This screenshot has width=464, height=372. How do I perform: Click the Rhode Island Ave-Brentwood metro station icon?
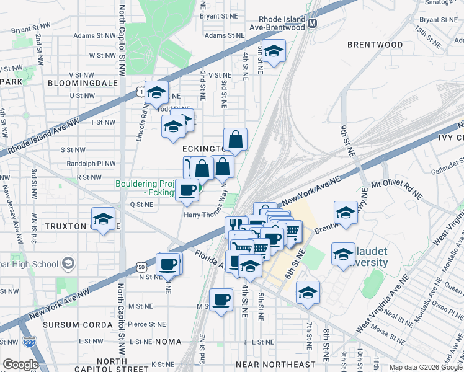click(313, 24)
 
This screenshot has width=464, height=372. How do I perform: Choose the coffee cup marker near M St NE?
click(221, 301)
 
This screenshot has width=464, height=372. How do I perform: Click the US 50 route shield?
click(141, 267)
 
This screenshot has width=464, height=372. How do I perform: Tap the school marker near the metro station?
click(272, 52)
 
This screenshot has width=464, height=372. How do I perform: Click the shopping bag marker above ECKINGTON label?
click(236, 140)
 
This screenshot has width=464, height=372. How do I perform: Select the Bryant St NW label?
click(30, 29)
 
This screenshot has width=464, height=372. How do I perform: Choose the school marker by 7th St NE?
click(308, 292)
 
